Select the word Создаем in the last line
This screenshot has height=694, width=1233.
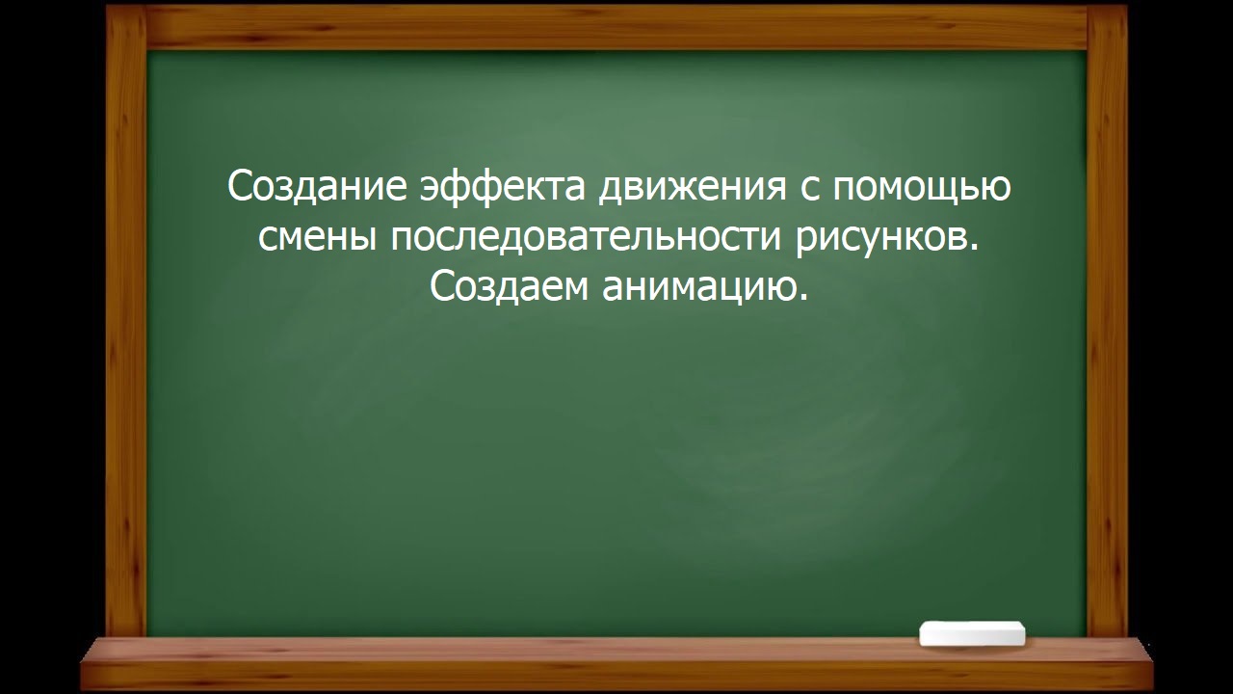click(x=509, y=287)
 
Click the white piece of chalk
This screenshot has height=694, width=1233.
click(x=972, y=633)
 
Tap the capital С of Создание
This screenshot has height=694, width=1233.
click(x=238, y=186)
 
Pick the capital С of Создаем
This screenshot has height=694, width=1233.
click(x=440, y=287)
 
